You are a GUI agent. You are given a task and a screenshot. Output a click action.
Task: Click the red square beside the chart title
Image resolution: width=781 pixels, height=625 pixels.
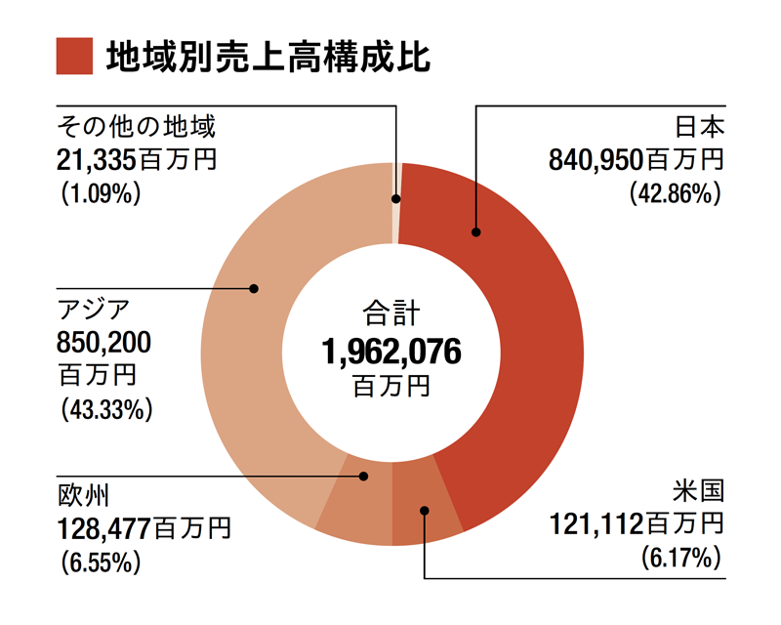74,56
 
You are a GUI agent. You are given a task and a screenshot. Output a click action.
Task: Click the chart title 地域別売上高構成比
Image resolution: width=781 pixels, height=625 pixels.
267,57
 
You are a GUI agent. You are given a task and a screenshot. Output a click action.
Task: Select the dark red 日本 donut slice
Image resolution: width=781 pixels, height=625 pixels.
517,322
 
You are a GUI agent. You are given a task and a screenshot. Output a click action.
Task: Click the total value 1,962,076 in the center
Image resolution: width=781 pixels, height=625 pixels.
391,351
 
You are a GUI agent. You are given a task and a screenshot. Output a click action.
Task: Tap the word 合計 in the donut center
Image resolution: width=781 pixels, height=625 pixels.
390,314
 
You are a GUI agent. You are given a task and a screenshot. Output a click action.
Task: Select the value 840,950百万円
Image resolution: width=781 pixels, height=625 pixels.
636,160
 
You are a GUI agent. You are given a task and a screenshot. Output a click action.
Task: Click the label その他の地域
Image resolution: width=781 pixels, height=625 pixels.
135,127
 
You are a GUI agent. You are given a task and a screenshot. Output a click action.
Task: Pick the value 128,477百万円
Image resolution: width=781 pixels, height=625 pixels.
144,528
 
